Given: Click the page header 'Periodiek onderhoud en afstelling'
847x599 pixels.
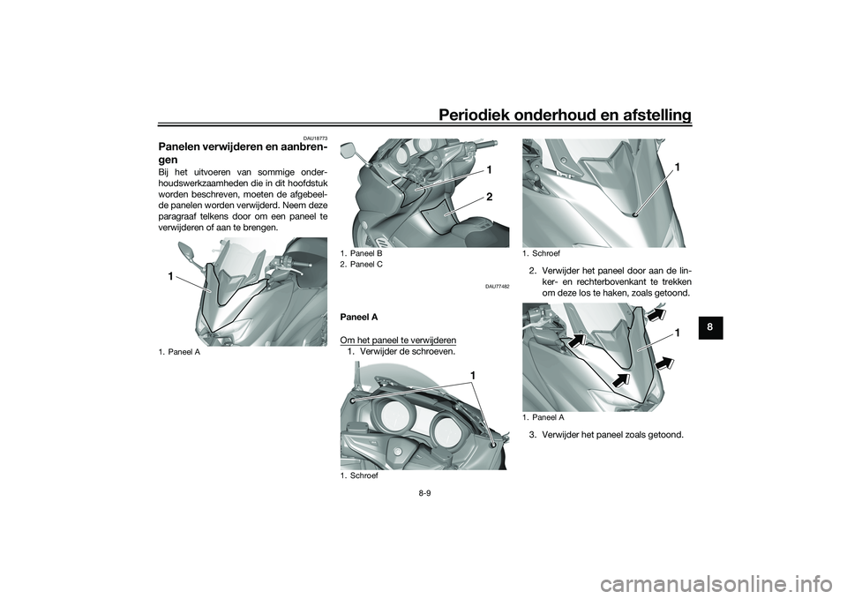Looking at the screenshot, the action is (x=565, y=115).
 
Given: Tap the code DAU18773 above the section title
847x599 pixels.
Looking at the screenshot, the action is (x=317, y=139).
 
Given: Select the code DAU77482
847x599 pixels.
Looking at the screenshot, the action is (x=499, y=286).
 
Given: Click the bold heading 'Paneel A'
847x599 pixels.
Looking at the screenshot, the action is (x=359, y=317).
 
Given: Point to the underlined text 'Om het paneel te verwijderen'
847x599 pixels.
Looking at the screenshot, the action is (x=398, y=341).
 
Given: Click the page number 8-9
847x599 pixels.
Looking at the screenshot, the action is (x=424, y=494).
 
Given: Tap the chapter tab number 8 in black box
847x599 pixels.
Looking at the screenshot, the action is (x=710, y=326).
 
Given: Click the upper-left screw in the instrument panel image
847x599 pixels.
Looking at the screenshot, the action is (x=353, y=401).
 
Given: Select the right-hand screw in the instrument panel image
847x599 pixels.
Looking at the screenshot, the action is (x=491, y=444).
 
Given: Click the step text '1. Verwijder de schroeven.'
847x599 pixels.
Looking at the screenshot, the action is (x=401, y=352).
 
